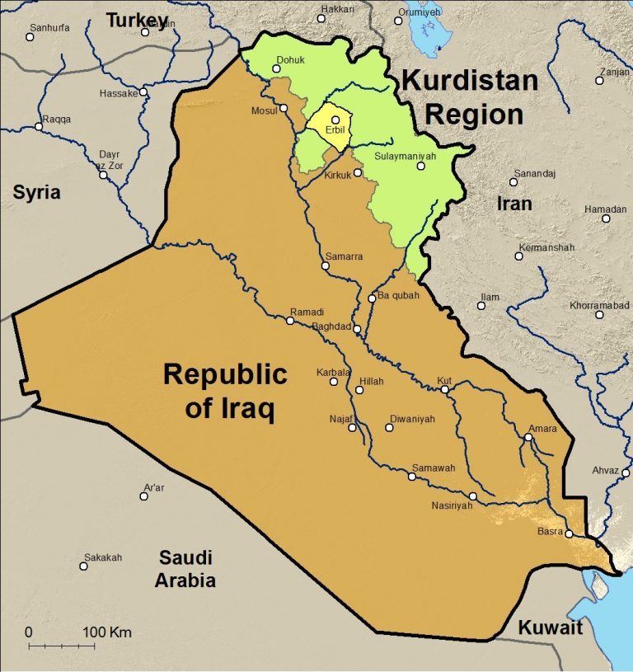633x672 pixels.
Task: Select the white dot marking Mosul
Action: tap(284, 108)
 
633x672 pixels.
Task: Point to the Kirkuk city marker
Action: tap(358, 173)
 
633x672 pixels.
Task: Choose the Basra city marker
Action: tap(569, 533)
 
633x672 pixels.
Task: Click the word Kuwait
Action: tap(550, 627)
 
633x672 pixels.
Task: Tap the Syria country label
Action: tap(36, 192)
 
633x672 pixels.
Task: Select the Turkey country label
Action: tap(136, 20)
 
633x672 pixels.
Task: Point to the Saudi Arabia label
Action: tap(187, 568)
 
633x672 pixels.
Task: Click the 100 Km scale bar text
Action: tap(107, 632)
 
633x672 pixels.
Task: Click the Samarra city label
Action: tap(344, 256)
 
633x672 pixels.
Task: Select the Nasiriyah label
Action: tap(452, 506)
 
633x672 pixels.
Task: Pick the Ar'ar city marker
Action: tap(143, 496)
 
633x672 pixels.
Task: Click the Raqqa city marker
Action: tap(39, 127)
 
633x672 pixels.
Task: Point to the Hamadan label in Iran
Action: tap(605, 209)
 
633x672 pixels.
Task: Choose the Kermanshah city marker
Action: tap(519, 256)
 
